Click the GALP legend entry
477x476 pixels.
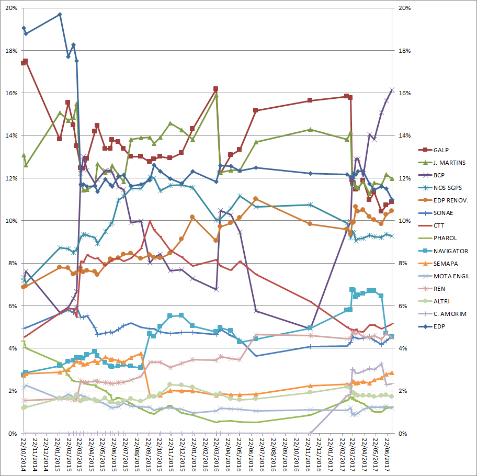(x=442, y=151)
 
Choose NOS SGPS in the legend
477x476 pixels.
(x=448, y=187)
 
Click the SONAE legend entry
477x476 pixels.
(x=444, y=212)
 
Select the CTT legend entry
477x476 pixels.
(x=440, y=225)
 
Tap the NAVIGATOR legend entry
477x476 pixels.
(x=450, y=251)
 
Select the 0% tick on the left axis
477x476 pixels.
(x=12, y=434)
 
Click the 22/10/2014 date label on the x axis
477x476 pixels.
(x=24, y=456)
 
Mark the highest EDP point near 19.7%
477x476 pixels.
(x=60, y=15)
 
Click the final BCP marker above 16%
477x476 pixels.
(x=392, y=90)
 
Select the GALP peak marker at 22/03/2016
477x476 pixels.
(x=215, y=89)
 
